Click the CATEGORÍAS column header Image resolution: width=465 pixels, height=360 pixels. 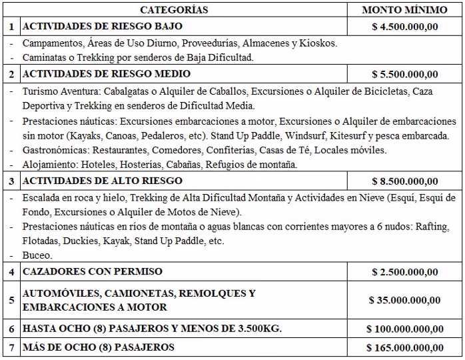175,10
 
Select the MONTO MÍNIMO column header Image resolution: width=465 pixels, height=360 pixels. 404,10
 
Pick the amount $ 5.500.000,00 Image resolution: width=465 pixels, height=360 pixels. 404,74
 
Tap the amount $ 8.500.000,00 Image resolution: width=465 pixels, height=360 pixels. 404,181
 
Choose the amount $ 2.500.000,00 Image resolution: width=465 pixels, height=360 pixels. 404,273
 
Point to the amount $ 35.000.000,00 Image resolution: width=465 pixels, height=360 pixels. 404,301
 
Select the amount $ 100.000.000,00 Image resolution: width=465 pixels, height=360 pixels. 404,329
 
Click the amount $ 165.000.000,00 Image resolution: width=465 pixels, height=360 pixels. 404,347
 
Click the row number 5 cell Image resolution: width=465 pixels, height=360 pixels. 10,301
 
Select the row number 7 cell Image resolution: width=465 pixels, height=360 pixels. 10,347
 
